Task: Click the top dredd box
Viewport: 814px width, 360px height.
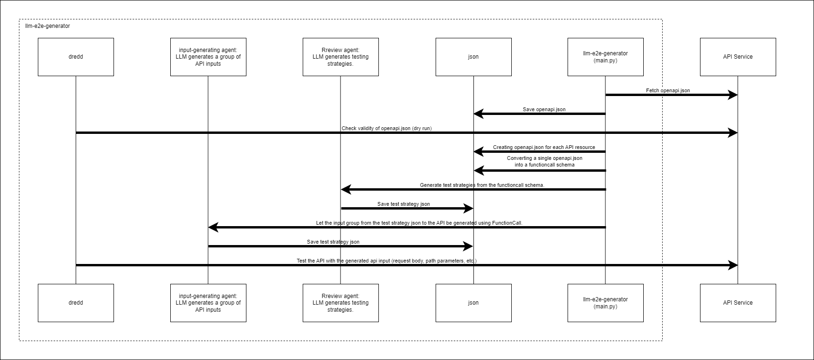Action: (x=76, y=57)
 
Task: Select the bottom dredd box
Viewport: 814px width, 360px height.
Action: (x=76, y=303)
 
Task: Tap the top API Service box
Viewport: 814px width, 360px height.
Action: (x=738, y=57)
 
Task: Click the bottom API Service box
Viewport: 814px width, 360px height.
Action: (x=738, y=303)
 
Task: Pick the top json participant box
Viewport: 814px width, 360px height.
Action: (x=473, y=57)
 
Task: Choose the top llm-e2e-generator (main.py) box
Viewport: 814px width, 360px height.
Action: (x=605, y=57)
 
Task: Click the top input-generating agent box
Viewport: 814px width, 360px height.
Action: (x=208, y=57)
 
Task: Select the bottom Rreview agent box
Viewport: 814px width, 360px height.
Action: (x=341, y=303)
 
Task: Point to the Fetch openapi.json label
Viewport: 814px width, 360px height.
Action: (x=668, y=90)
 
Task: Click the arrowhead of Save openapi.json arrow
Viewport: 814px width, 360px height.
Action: (x=478, y=114)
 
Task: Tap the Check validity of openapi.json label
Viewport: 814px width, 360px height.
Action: (x=386, y=128)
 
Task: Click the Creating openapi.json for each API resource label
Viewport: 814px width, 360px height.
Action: (x=544, y=147)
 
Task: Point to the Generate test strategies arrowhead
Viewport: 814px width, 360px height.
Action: (x=345, y=189)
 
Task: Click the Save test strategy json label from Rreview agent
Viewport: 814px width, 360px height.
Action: (x=403, y=204)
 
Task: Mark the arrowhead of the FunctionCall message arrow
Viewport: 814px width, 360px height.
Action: (x=213, y=227)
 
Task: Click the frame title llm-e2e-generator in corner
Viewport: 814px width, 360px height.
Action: (x=47, y=26)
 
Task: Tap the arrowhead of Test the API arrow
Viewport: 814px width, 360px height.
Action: (x=734, y=265)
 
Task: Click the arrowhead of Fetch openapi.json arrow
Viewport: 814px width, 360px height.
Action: (x=734, y=95)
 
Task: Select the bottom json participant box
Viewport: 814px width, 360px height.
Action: (x=473, y=303)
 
